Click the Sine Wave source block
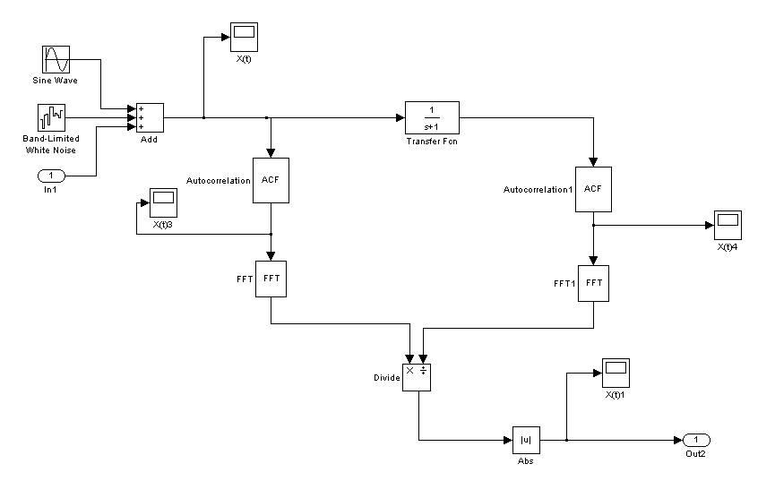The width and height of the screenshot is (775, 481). (x=56, y=59)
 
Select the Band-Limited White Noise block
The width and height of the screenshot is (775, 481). (x=51, y=117)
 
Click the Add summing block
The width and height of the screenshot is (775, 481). (x=149, y=117)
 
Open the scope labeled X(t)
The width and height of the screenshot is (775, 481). (x=244, y=37)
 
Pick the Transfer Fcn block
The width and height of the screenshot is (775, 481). (x=432, y=117)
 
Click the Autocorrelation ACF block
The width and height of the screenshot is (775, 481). (x=271, y=180)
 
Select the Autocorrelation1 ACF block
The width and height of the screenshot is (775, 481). (x=593, y=189)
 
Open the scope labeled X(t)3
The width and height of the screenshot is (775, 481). (x=163, y=202)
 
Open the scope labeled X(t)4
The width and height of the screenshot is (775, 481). (x=728, y=225)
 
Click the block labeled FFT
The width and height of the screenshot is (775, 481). (x=271, y=279)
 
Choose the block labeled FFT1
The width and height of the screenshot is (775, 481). (x=593, y=283)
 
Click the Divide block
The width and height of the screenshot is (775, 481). (x=418, y=377)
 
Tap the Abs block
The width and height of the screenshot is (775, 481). (x=526, y=440)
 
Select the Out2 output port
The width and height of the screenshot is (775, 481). (x=696, y=440)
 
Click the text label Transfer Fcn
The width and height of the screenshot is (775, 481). (x=432, y=142)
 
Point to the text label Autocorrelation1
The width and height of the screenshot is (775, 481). (x=538, y=190)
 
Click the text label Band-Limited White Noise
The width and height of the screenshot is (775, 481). (x=51, y=144)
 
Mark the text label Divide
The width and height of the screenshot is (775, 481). (x=386, y=378)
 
